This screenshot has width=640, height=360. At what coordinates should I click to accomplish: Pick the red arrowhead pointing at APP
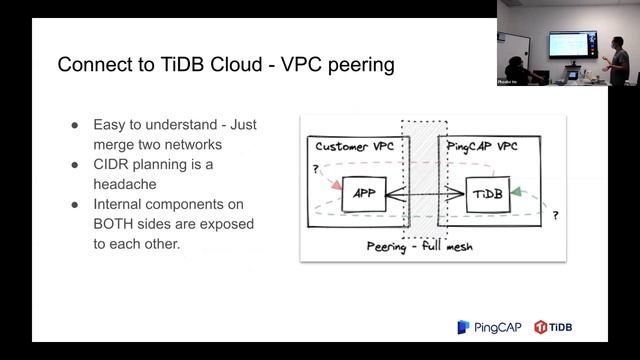(x=334, y=189)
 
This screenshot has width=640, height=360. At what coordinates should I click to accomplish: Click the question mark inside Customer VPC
(x=316, y=169)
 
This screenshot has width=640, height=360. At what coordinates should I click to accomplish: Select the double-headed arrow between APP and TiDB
(x=426, y=192)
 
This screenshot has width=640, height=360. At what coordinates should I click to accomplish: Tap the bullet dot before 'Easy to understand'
(x=75, y=125)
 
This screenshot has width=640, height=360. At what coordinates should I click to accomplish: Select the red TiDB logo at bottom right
(x=554, y=327)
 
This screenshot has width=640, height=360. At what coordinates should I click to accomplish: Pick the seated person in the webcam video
(x=517, y=70)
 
